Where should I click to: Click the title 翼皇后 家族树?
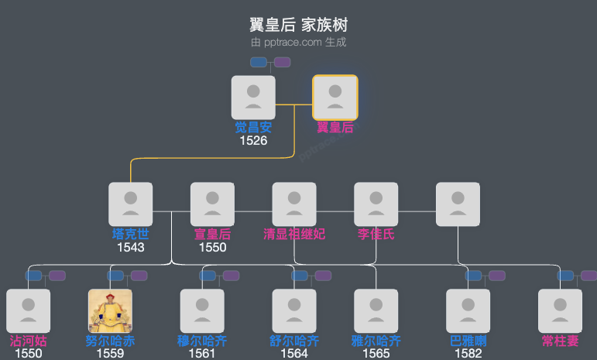click(x=298, y=25)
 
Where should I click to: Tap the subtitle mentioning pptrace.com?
click(x=298, y=43)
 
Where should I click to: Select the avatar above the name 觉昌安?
click(x=253, y=98)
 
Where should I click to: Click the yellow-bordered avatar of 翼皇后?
click(x=335, y=98)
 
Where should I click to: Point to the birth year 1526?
click(x=253, y=141)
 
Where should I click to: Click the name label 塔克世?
click(x=130, y=234)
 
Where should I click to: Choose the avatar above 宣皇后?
click(x=212, y=204)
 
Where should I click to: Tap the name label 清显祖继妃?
click(x=294, y=234)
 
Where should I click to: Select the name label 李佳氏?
click(x=376, y=234)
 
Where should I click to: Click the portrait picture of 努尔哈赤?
click(x=110, y=311)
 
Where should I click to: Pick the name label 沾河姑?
click(x=28, y=341)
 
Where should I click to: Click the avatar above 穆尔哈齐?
click(x=202, y=311)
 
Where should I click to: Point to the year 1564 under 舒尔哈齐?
click(x=294, y=354)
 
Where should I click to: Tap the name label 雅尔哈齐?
click(x=376, y=341)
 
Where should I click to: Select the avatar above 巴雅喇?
click(x=468, y=311)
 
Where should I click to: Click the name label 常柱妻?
click(x=561, y=341)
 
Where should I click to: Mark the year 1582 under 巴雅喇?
click(x=468, y=354)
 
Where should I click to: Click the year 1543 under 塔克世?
click(x=130, y=247)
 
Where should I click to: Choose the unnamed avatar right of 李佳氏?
click(x=458, y=204)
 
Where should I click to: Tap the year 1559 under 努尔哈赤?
click(x=110, y=354)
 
